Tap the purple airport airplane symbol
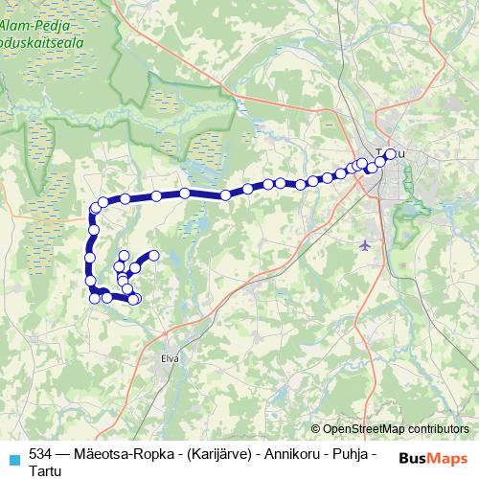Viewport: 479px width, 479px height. pos(364,245)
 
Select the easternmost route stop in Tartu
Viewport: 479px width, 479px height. pos(390,153)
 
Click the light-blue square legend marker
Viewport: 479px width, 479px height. pos(12,457)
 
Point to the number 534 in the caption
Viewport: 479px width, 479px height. pos(41,452)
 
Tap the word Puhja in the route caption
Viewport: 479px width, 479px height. pos(349,452)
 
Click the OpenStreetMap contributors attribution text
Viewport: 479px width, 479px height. pos(396,429)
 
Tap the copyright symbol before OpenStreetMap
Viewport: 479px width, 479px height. pos(316,429)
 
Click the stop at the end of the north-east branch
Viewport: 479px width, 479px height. pos(153,255)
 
